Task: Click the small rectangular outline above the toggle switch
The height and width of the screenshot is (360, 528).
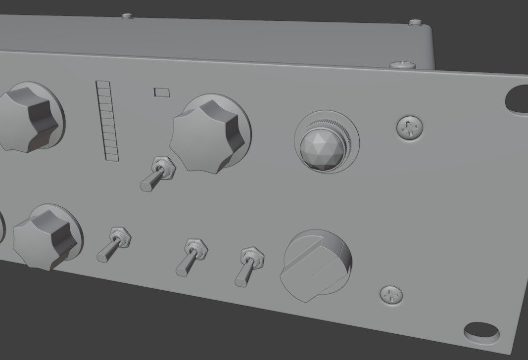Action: coord(162,92)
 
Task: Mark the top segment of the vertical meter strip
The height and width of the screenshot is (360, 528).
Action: coord(103,85)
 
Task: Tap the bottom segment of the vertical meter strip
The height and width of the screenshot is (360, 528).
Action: coord(112,157)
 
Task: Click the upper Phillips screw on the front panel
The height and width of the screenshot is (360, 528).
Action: coord(410,129)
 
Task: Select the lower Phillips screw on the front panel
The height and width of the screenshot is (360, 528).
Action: coord(391,295)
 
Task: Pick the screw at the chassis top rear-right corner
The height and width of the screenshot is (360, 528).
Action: coord(416,22)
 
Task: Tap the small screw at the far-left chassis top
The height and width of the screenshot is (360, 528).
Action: coord(128,16)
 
